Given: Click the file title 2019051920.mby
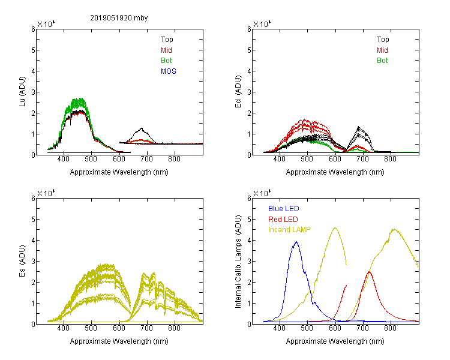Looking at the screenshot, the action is (x=119, y=18).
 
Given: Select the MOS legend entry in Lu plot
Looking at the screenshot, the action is (x=169, y=71).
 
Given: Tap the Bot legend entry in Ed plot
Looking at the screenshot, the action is (x=382, y=61).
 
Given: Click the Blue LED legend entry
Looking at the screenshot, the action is (x=284, y=209).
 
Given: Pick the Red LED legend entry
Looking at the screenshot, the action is (x=283, y=220).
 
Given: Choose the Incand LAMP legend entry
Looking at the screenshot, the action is (x=289, y=230).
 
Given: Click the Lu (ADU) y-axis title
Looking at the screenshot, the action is (x=22, y=91).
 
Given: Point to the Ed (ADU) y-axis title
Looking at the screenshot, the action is (x=238, y=92).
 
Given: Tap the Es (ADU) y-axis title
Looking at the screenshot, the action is (x=22, y=261).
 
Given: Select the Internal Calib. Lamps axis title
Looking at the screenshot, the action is (x=238, y=262).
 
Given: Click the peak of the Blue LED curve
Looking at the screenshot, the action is (x=296, y=242).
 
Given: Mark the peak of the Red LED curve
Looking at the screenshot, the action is (x=369, y=272).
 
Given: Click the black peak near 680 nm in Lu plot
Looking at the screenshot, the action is (x=142, y=128).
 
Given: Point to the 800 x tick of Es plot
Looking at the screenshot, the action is (x=174, y=328).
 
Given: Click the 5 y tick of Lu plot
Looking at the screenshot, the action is (x=34, y=50).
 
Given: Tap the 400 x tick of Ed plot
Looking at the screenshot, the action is (x=279, y=159).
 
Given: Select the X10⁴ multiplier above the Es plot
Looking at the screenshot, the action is (x=46, y=193).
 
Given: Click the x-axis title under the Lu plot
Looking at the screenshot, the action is (x=119, y=172).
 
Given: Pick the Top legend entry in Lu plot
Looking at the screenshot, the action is (x=167, y=40).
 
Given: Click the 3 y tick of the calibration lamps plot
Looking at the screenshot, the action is (x=250, y=262).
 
